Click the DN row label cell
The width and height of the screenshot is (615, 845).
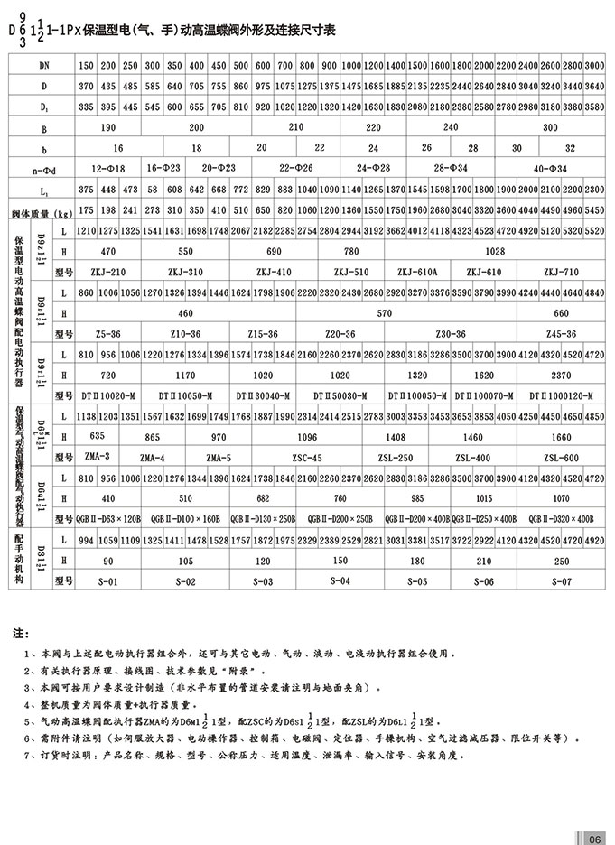click(x=44, y=68)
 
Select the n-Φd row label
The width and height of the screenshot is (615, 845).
click(x=44, y=169)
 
